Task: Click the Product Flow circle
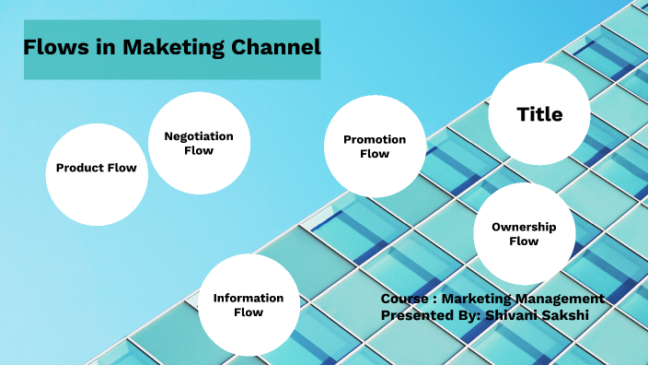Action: (x=96, y=175)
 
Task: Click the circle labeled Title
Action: (x=539, y=114)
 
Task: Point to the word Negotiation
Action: (x=199, y=136)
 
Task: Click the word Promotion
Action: (x=375, y=140)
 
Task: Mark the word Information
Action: (x=249, y=298)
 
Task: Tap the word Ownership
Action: (x=524, y=227)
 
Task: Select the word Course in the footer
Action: (x=402, y=299)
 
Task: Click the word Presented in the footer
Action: (x=416, y=315)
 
